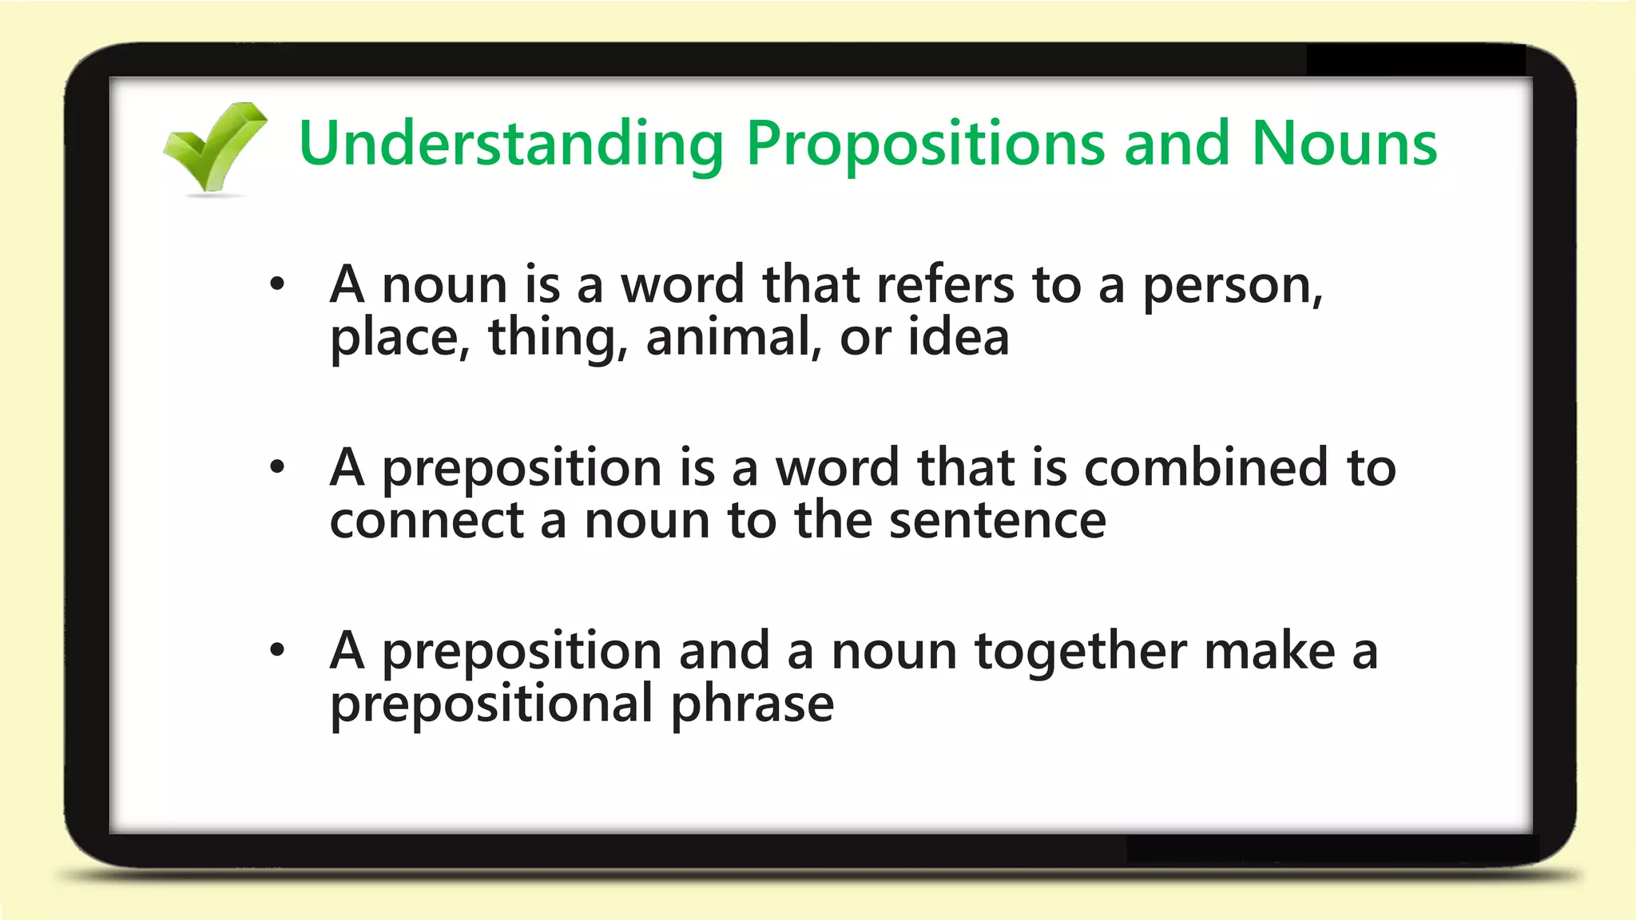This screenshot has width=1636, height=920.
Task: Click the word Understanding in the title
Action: coord(511,144)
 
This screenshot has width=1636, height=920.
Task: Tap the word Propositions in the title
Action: coord(925,144)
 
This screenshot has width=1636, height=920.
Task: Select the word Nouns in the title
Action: coord(1344,144)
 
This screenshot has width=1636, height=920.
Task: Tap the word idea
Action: coord(959,337)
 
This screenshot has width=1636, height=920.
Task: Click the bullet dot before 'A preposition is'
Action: coord(277,467)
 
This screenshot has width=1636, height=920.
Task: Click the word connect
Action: coord(426,521)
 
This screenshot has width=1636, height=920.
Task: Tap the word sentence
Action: coord(998,521)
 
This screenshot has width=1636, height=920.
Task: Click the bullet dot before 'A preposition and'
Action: coord(277,650)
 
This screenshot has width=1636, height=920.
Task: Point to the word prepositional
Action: coord(491,704)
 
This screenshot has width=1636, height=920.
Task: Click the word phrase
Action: coord(752,704)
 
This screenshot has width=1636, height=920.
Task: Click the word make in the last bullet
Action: coord(1269,651)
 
